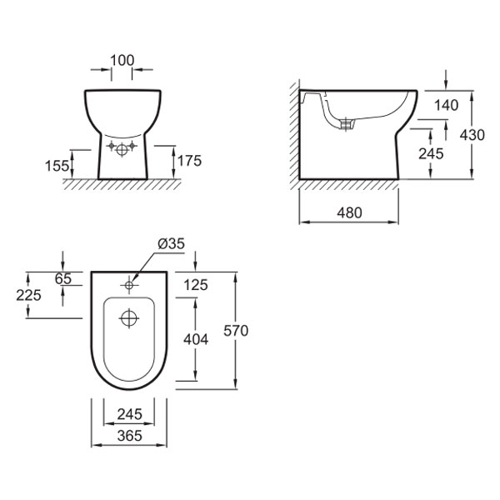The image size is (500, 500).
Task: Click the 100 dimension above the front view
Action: pos(122,60)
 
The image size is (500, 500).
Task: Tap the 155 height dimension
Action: pos(57,166)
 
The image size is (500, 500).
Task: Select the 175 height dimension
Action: pos(189,161)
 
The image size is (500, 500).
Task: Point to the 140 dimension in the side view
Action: pos(447,105)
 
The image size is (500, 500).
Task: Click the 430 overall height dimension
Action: pos(472,135)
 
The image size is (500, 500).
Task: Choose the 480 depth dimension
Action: pos(349,212)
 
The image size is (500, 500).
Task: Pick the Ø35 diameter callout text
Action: pos(171,244)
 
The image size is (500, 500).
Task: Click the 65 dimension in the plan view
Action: pos(62,279)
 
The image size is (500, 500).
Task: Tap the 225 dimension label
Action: pos(28,295)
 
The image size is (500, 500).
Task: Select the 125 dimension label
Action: pos(196,285)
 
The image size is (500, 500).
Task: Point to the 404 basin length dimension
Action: pos(196,339)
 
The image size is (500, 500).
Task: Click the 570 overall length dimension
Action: pos(236,331)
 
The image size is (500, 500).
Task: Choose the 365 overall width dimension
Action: pos(129,436)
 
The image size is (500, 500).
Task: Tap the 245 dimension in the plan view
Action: pos(129,414)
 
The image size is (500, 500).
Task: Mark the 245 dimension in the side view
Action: pos(431,153)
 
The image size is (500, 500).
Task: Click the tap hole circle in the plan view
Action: pos(129,285)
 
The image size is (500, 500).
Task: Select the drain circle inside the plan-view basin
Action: pos(129,318)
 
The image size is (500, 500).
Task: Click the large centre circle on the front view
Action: pos(122,150)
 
